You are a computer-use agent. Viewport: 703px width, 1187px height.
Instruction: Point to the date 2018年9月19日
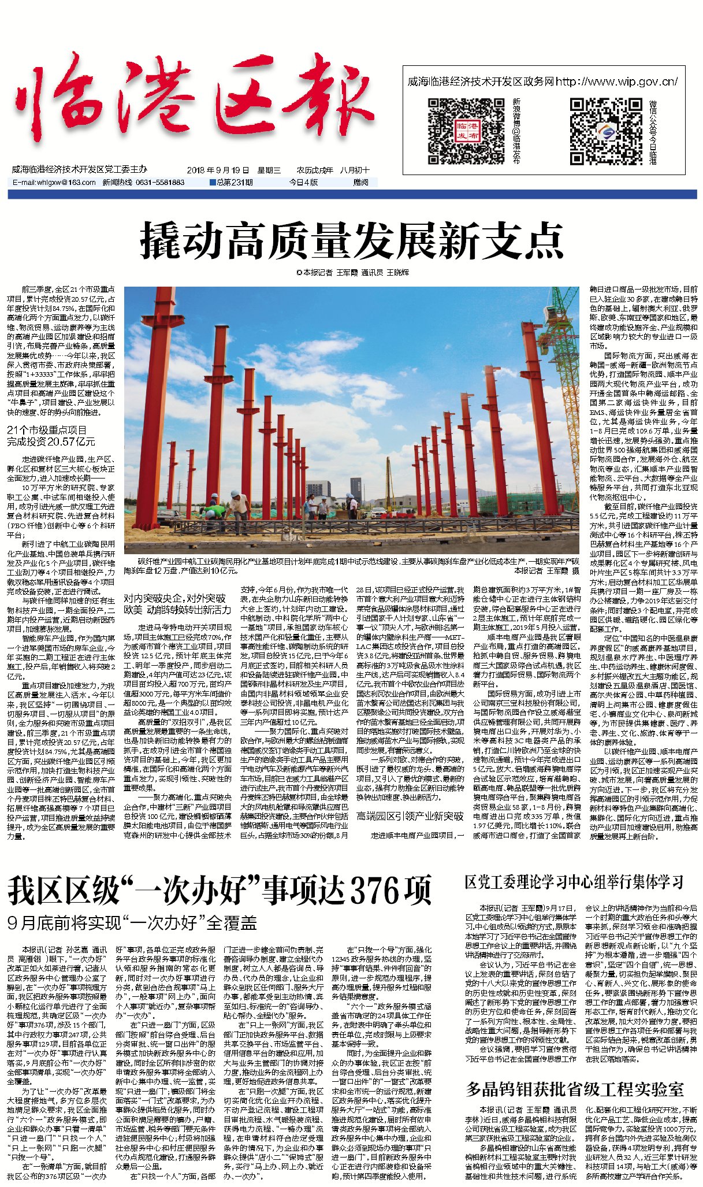point(218,170)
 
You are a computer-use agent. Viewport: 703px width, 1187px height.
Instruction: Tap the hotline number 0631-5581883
point(160,183)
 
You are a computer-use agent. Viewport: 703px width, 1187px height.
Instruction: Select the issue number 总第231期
point(232,183)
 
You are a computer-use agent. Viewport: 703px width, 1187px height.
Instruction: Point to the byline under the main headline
point(352,272)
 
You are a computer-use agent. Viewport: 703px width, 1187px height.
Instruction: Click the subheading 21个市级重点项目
point(47,430)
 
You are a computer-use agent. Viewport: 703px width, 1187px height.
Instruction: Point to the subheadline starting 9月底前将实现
point(132,923)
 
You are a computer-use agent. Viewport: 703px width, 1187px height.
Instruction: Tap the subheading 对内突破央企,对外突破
point(175,598)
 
